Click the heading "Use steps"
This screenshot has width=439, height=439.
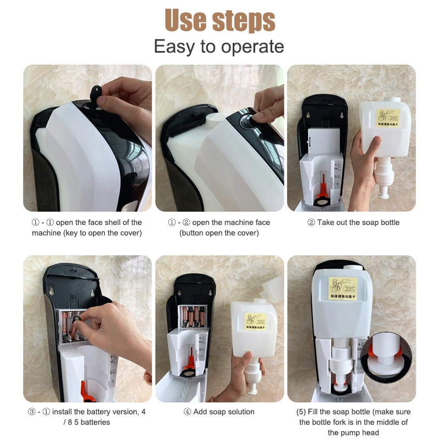[219, 20]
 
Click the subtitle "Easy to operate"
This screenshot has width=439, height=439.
[219, 47]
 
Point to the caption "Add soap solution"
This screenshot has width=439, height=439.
[219, 412]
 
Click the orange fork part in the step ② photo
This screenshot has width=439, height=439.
[322, 185]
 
